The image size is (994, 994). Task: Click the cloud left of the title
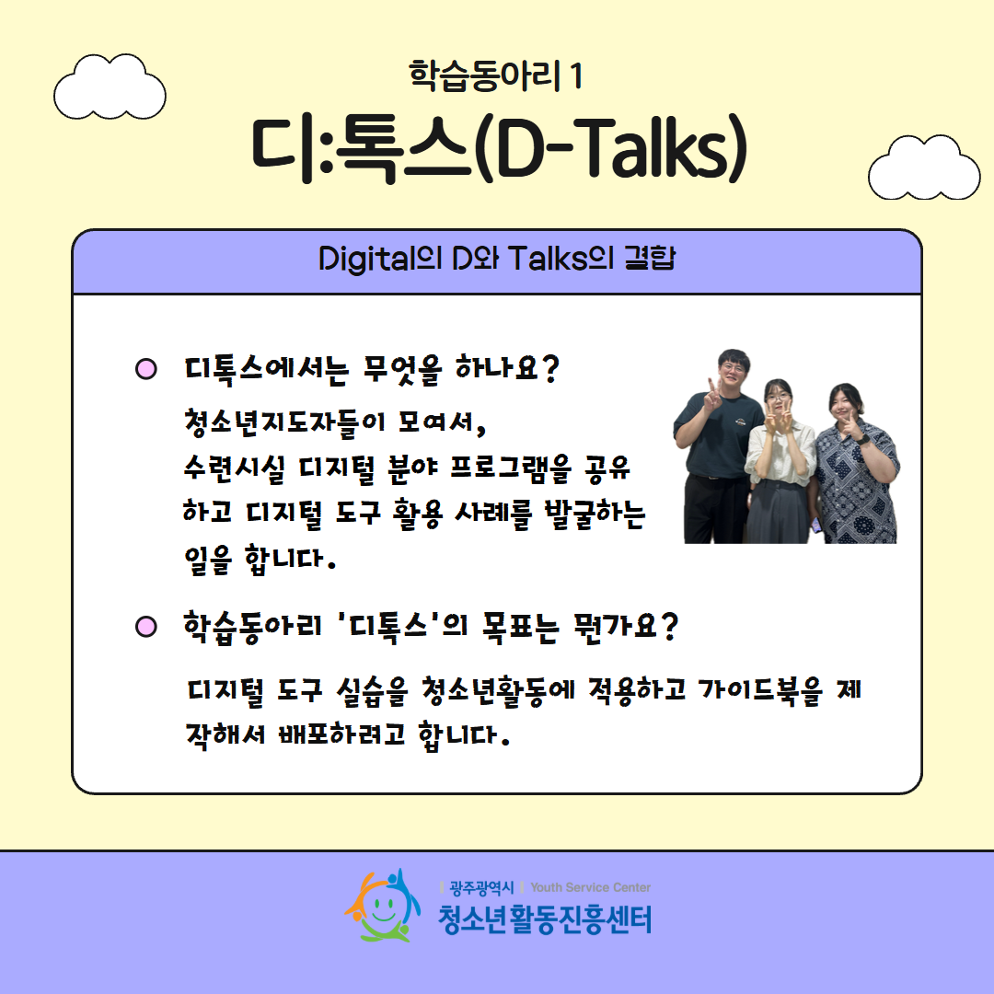click(110, 87)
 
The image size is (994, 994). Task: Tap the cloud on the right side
click(924, 168)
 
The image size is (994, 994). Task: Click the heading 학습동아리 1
click(496, 76)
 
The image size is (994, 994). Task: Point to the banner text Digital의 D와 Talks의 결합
click(497, 259)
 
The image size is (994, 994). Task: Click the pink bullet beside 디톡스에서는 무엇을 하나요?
click(146, 369)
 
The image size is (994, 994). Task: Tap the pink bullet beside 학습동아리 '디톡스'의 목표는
click(146, 627)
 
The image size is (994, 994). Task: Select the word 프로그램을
click(510, 468)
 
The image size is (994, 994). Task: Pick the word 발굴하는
click(595, 514)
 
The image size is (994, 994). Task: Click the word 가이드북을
click(760, 689)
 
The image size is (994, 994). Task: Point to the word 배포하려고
click(341, 734)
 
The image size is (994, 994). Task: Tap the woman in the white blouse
click(780, 461)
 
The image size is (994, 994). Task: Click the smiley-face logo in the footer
click(383, 906)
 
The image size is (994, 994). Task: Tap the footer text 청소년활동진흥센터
click(545, 919)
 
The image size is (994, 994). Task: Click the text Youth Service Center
click(590, 887)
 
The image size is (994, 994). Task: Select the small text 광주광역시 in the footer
click(481, 887)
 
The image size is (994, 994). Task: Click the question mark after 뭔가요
click(669, 627)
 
